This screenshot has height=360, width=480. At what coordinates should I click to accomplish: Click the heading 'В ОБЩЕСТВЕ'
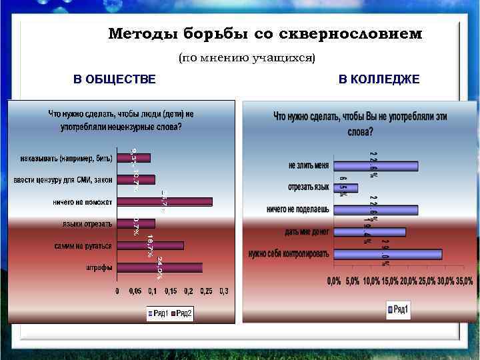click(x=114, y=80)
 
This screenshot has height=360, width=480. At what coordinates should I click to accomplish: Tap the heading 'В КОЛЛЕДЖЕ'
click(x=379, y=80)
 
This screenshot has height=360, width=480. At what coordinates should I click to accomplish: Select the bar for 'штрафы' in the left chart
click(x=161, y=267)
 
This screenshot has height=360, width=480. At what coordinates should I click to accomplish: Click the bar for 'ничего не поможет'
click(x=165, y=201)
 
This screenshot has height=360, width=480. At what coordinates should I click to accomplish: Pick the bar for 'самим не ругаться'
click(x=151, y=245)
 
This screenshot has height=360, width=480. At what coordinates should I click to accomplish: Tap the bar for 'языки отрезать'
click(x=136, y=223)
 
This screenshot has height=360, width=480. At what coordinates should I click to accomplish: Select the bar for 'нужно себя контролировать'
click(x=387, y=254)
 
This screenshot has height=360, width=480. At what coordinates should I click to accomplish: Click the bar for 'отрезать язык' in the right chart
click(x=345, y=187)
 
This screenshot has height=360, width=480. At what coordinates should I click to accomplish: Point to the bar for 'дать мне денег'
click(x=369, y=232)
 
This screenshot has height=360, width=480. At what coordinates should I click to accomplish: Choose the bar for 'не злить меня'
click(x=375, y=165)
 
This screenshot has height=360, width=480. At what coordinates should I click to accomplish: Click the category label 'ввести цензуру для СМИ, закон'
click(x=64, y=180)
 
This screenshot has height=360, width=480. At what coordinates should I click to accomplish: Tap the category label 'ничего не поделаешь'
click(x=297, y=209)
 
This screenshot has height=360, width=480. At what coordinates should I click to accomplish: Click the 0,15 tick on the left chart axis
click(x=171, y=291)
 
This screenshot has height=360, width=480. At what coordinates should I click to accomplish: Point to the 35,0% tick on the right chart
click(x=464, y=281)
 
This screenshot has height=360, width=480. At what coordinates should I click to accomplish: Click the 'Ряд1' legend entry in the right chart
click(x=398, y=309)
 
